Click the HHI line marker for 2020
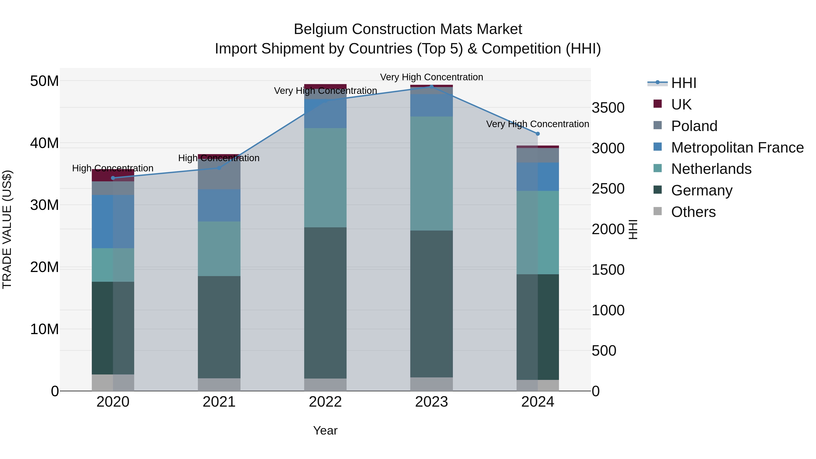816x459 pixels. coord(113,178)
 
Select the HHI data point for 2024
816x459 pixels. coord(538,134)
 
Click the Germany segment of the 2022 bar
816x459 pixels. coord(325,303)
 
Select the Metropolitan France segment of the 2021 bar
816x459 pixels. coord(219,205)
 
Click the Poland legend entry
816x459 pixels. coord(694,126)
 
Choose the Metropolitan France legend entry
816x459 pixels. coord(737,148)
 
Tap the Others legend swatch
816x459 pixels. coord(658,211)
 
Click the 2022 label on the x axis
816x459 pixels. coord(325,402)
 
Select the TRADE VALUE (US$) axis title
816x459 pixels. coord(7,229)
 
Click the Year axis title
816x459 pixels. coord(325,430)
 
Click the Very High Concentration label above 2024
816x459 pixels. coord(538,124)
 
